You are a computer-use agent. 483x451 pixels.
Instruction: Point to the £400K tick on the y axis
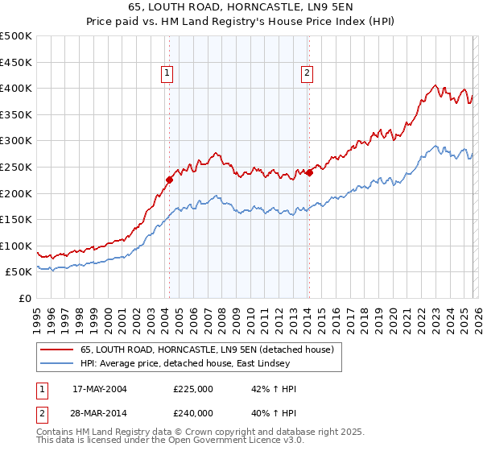[16, 88]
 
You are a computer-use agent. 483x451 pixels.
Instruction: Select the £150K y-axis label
[16, 219]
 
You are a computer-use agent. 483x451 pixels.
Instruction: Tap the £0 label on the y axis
[24, 298]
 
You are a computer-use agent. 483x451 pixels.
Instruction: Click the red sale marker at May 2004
[169, 180]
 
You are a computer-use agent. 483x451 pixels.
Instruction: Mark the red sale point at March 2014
[309, 172]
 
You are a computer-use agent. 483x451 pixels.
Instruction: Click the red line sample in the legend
[56, 350]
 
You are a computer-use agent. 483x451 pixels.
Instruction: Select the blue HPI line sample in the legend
[56, 364]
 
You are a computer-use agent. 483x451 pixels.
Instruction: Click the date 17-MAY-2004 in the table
[100, 389]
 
